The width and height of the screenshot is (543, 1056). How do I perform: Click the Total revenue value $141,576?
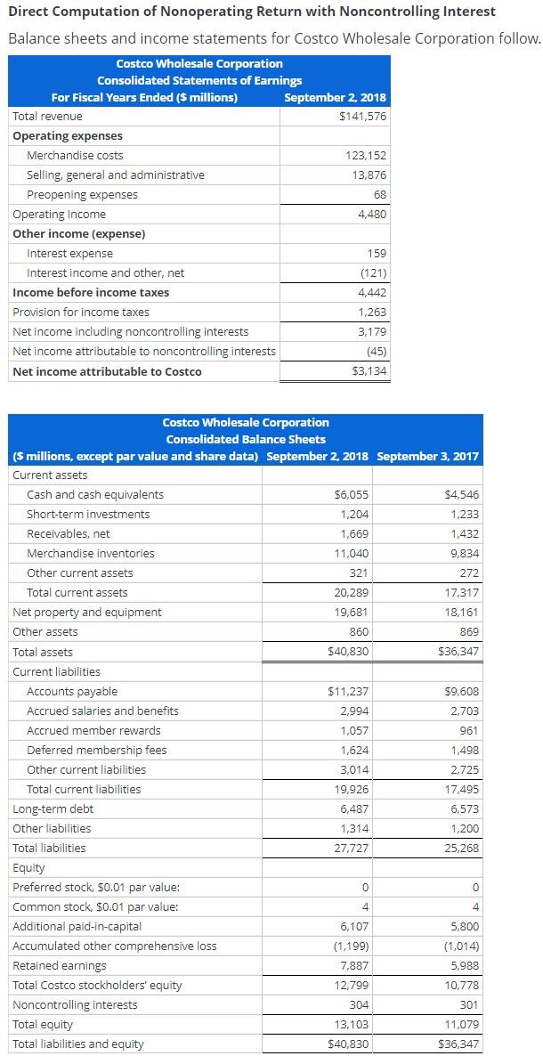tap(363, 117)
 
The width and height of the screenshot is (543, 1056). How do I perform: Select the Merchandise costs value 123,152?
tap(365, 156)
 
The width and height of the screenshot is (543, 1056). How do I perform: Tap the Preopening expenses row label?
tap(82, 195)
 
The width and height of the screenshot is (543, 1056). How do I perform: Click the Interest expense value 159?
tap(377, 254)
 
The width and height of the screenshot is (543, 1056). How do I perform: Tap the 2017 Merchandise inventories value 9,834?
tap(462, 554)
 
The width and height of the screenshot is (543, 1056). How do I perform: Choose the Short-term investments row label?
tap(88, 515)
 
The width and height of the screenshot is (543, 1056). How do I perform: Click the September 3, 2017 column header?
tap(427, 457)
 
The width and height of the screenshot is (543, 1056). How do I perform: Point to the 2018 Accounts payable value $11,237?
tap(348, 692)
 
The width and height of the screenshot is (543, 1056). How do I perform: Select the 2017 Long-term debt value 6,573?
tap(462, 809)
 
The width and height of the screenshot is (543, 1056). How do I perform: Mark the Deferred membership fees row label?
tap(96, 751)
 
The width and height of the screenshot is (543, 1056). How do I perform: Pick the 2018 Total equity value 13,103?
tap(352, 1025)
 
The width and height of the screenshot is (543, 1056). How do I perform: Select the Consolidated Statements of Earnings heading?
tap(199, 81)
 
